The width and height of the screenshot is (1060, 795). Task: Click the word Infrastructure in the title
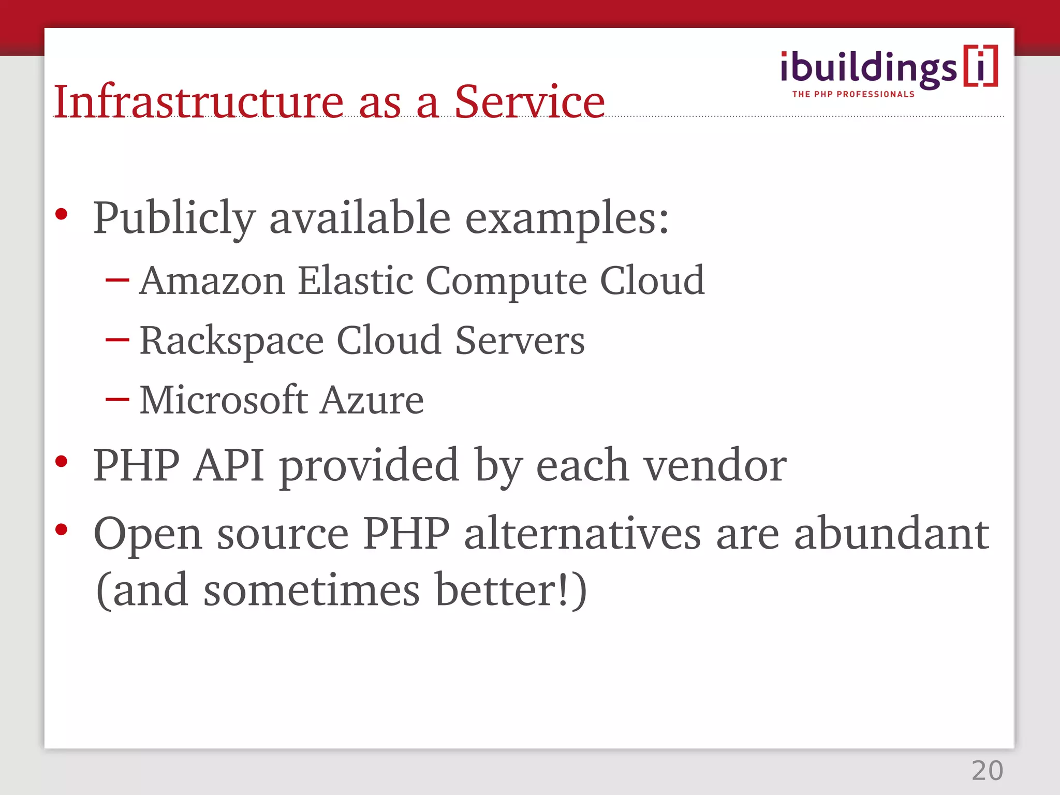click(198, 101)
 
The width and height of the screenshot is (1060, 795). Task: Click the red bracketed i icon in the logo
click(980, 66)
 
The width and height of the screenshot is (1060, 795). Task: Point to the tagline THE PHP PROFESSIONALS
click(853, 94)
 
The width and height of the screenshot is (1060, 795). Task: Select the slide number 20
click(987, 771)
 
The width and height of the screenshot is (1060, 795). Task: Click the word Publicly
click(174, 218)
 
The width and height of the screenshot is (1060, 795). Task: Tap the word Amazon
click(212, 281)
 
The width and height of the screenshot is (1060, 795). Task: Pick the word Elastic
click(356, 281)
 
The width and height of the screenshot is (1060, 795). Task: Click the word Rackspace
click(231, 341)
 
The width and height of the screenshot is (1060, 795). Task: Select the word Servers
click(520, 341)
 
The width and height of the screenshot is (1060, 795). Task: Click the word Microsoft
click(223, 400)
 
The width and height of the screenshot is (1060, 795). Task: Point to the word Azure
click(372, 400)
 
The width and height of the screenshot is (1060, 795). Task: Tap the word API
click(229, 465)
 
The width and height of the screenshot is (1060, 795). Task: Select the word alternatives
click(582, 534)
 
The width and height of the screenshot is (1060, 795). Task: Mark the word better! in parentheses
click(505, 590)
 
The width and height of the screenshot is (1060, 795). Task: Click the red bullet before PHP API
click(62, 461)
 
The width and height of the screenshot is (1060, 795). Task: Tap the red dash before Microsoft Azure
click(117, 400)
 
